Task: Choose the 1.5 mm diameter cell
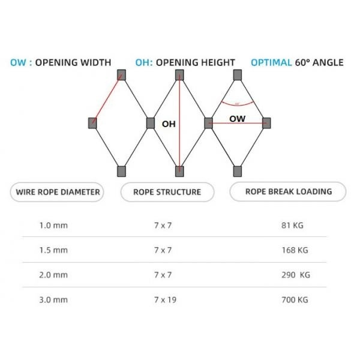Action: tap(53, 250)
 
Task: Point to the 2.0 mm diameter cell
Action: tap(53, 275)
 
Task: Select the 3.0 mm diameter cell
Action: tap(53, 299)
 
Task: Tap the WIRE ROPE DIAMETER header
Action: tap(57, 193)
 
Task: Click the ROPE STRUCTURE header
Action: tap(167, 193)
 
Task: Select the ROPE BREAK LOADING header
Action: tap(289, 192)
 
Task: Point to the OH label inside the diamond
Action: tap(169, 124)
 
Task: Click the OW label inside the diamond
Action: tap(237, 119)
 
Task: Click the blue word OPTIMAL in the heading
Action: tap(271, 62)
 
